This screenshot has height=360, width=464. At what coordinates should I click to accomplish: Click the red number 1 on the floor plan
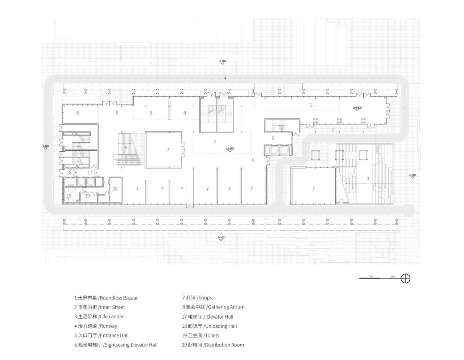[311, 105]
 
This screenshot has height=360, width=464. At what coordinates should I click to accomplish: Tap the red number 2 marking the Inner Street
[333, 130]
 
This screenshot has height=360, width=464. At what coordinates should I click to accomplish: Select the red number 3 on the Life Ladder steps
[368, 178]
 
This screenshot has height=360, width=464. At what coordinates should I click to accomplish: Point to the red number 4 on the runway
[225, 78]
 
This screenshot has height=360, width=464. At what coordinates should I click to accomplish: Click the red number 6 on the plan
[273, 138]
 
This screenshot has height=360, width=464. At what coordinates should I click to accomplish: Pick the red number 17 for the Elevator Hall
[90, 173]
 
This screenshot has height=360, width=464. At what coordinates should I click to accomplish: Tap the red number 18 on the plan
[69, 173]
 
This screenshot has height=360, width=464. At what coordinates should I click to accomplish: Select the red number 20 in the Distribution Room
[115, 189]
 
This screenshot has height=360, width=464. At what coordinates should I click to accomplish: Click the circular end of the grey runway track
[409, 209]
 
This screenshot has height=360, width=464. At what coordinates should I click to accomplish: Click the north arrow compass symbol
[406, 279]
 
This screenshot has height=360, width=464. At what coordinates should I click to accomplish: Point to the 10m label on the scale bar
[393, 276]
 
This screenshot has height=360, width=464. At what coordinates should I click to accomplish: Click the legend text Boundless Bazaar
[119, 298]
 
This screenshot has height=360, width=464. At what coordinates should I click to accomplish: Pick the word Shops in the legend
[205, 298]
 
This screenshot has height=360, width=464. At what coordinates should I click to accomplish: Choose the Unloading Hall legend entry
[221, 326]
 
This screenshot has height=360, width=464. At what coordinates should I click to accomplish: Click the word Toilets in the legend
[212, 335]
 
